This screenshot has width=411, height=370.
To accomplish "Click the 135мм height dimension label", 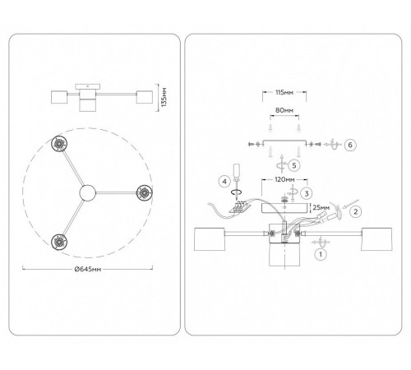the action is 164,97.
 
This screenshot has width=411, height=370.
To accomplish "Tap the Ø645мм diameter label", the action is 88,269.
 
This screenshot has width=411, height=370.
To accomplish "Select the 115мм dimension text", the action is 284,92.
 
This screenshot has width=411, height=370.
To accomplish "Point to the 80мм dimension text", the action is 284,110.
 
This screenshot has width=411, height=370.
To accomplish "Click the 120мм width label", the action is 284,180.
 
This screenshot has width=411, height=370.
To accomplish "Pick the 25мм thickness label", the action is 321,207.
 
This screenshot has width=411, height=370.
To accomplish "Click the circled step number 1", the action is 321,254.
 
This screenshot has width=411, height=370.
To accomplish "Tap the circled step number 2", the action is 356,211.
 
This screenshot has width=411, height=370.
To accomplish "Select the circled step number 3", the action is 307,193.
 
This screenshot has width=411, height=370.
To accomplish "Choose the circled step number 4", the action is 224,182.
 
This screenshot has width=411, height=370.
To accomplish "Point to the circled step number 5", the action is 294,165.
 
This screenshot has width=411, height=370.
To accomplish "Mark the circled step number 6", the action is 350,145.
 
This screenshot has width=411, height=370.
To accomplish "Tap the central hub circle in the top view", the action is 88,193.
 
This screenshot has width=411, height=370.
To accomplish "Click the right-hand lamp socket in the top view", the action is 145,193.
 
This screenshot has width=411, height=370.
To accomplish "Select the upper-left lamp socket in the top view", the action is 59,144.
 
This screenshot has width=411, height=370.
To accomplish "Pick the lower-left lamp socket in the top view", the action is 59,242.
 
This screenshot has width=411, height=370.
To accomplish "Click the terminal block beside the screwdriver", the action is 240,207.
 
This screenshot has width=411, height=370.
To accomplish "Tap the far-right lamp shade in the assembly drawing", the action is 376,239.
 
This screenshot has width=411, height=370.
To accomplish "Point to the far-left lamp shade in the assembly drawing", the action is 210,239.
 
